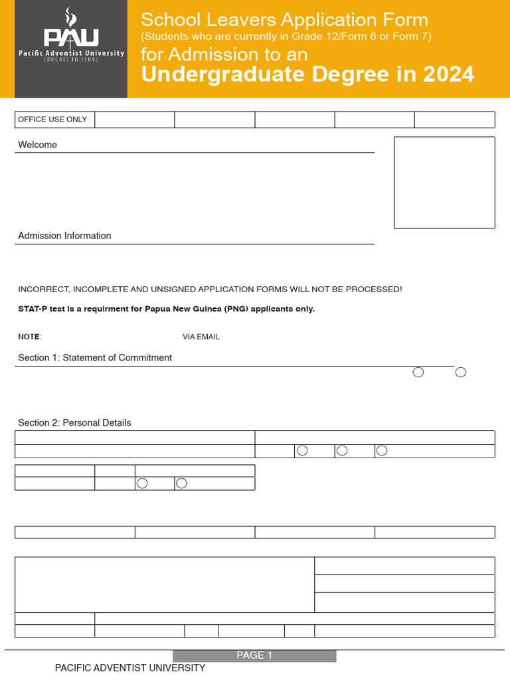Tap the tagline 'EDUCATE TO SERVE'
(70, 60)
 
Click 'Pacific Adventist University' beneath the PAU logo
(70, 53)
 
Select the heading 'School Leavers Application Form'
(284, 20)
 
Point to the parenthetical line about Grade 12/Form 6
(286, 37)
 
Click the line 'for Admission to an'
(224, 54)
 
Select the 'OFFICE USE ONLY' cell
(52, 120)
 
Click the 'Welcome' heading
(38, 145)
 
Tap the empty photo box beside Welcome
(444, 183)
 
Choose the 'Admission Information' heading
(64, 236)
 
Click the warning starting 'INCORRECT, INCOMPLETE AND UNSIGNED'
(210, 290)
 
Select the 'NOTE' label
(29, 337)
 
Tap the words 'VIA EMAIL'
(201, 337)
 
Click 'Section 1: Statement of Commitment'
(95, 358)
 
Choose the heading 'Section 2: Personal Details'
(74, 423)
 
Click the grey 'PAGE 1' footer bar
(254, 655)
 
